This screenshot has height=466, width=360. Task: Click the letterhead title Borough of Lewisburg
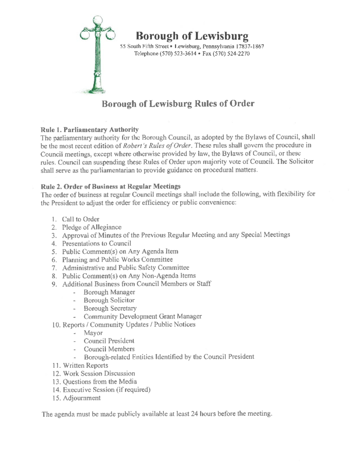point(192,36)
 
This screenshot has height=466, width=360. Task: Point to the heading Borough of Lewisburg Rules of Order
point(178,104)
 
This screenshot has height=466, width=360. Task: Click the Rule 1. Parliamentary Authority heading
point(89,129)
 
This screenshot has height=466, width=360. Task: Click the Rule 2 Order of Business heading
point(111,186)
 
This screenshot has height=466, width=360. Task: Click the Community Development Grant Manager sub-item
point(139,316)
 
